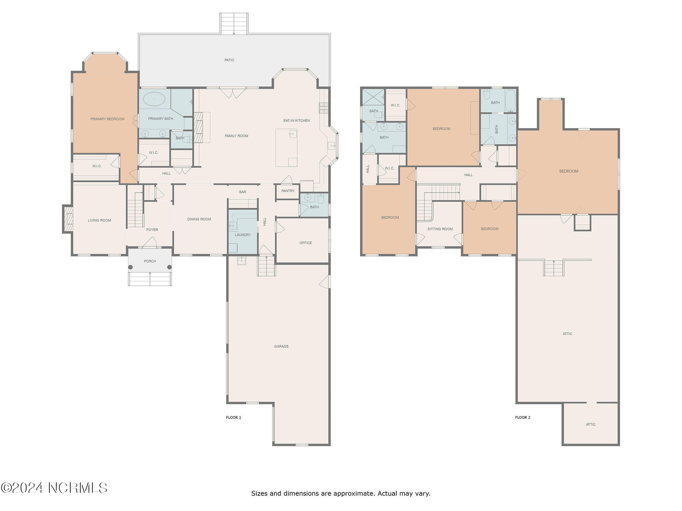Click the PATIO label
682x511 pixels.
coord(229,60)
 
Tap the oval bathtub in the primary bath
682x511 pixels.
coord(154,99)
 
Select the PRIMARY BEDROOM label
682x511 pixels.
coord(107,119)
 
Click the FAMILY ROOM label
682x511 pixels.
coord(236,136)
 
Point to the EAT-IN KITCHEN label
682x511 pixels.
coord(297,120)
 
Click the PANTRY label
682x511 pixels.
coord(288,191)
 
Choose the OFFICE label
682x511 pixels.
coord(306,243)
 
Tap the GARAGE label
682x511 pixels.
coord(281,346)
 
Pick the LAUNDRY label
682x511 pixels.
coord(243,235)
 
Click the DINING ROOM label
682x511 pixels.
coord(199,219)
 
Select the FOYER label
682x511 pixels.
coord(152,230)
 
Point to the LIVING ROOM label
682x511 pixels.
coord(99,220)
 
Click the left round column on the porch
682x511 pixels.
coord(131,267)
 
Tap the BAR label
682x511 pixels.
coord(242,192)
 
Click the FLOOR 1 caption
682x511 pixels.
coord(233,418)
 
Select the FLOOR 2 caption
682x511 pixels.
coord(522,418)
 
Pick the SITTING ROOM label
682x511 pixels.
coord(440,229)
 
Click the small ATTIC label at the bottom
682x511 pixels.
coord(591,425)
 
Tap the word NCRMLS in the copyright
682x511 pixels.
coord(78,488)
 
